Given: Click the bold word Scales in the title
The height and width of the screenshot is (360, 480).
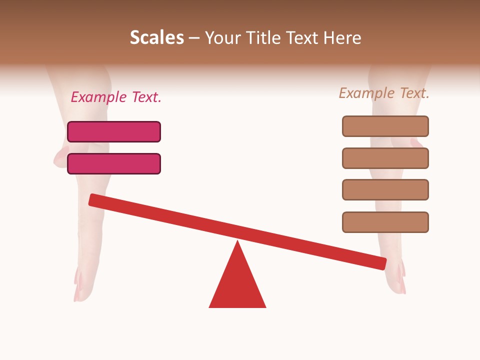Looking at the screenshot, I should (156, 38).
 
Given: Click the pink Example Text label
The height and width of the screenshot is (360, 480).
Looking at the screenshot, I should (116, 97).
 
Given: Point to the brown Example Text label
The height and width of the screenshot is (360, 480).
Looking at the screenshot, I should (384, 93).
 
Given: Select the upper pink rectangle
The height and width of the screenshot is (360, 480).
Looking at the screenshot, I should (114, 131).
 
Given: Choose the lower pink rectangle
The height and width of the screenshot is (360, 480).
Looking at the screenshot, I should (114, 163).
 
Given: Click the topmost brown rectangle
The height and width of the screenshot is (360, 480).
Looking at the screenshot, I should (385, 126).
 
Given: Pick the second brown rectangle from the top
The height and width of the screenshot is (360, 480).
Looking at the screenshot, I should (385, 158).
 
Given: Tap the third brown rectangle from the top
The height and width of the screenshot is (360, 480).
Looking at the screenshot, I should (385, 189).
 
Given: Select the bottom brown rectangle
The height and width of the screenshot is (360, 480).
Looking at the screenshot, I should (385, 222).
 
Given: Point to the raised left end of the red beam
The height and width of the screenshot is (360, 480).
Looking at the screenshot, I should (93, 199).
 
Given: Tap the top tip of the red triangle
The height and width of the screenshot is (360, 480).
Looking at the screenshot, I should (237, 242).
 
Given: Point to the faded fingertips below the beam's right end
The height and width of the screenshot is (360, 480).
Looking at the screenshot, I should (397, 282).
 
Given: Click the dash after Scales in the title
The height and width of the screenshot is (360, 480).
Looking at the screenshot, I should (194, 38).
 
